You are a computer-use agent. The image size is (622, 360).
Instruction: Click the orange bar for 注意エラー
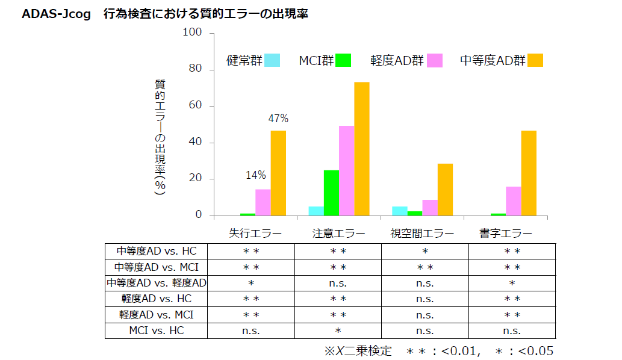click(x=361, y=149)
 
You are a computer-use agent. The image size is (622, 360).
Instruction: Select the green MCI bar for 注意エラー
click(x=331, y=193)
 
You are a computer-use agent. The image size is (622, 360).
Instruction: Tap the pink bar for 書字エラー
click(x=513, y=201)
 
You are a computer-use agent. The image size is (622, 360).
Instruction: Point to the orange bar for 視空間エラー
click(x=445, y=190)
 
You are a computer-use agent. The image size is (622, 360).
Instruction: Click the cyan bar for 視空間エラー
click(x=399, y=211)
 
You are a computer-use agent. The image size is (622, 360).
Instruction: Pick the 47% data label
click(x=278, y=119)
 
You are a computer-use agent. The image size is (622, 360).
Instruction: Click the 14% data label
click(x=255, y=175)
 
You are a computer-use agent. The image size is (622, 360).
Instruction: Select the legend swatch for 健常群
click(x=272, y=60)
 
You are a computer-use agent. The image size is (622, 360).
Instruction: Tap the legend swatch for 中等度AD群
click(x=535, y=60)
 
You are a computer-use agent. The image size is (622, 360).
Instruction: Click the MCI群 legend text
click(x=316, y=61)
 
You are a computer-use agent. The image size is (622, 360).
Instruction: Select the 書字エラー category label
click(x=505, y=233)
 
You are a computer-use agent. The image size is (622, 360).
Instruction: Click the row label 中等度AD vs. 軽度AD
click(x=157, y=283)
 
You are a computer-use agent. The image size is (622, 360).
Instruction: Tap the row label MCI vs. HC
click(x=157, y=331)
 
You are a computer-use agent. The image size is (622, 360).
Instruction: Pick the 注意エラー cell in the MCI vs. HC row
click(x=338, y=331)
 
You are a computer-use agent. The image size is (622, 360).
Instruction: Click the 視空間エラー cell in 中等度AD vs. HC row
click(x=425, y=251)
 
